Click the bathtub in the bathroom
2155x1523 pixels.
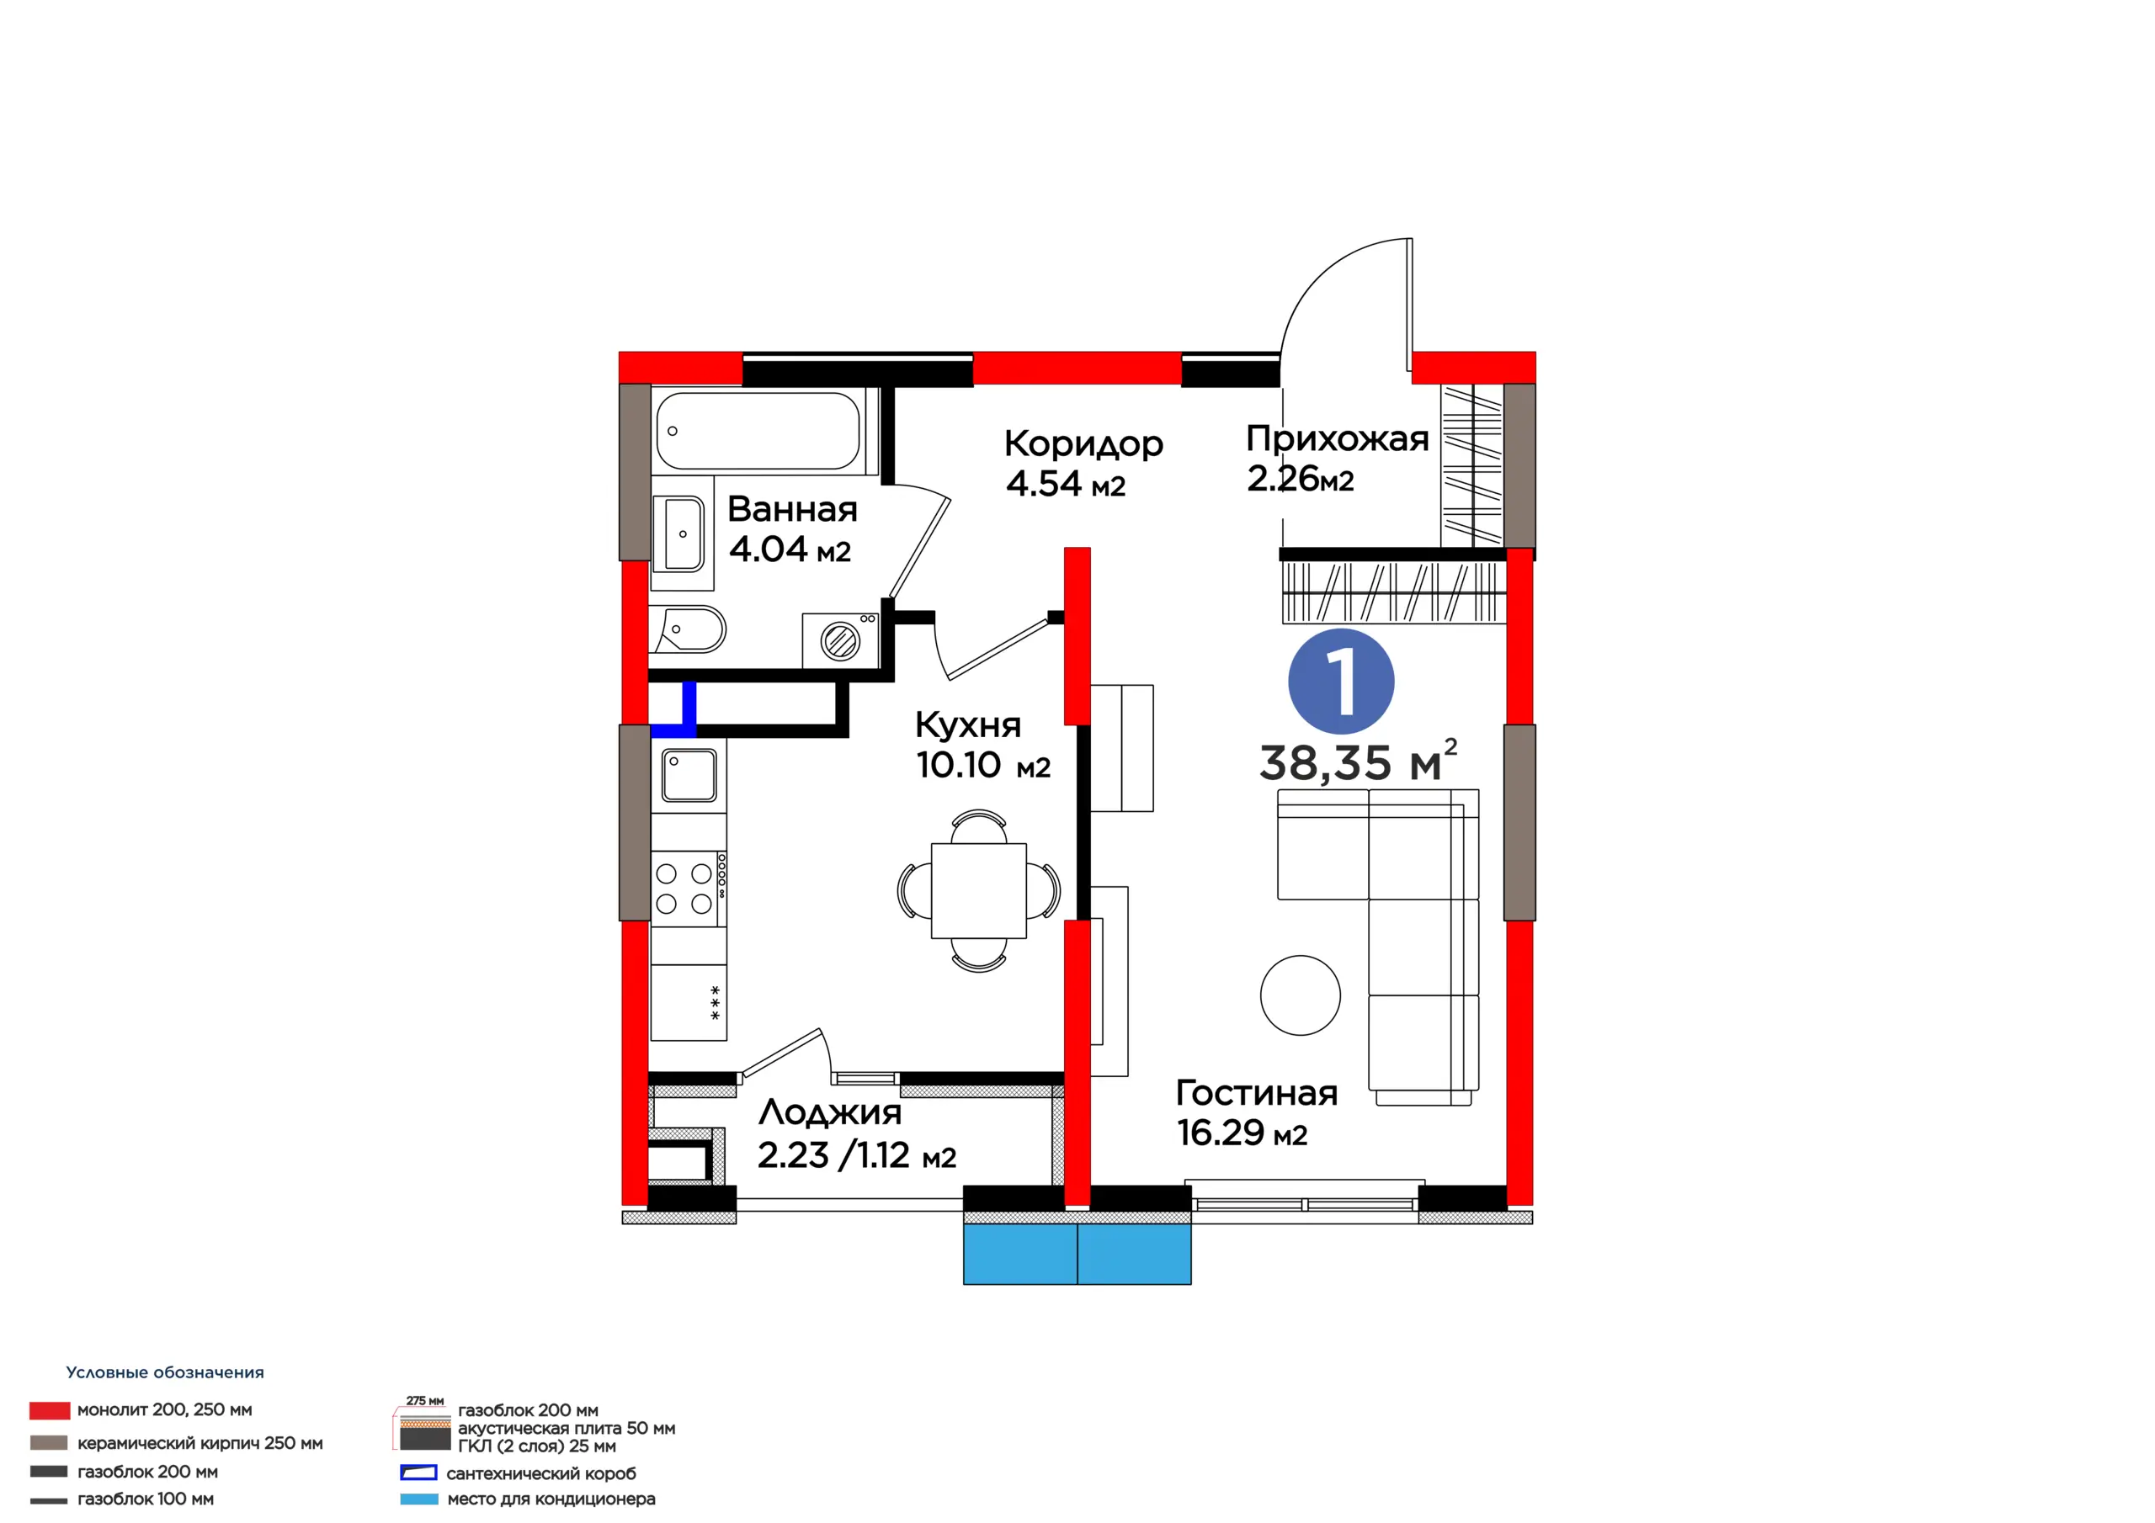point(758,431)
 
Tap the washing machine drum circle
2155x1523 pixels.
point(840,642)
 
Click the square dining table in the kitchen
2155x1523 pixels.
point(979,890)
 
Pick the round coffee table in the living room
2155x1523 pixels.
point(1300,995)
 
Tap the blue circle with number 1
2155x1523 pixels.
point(1341,682)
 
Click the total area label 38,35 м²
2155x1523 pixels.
point(1358,761)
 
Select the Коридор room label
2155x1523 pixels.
point(1084,443)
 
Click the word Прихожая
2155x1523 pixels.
point(1338,438)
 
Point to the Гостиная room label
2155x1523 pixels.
point(1257,1092)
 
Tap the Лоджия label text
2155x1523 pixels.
point(830,1113)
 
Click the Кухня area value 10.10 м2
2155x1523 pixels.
point(982,765)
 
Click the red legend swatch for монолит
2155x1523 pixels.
point(50,1410)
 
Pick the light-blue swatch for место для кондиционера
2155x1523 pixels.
point(418,1499)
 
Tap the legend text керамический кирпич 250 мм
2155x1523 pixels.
point(200,1443)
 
